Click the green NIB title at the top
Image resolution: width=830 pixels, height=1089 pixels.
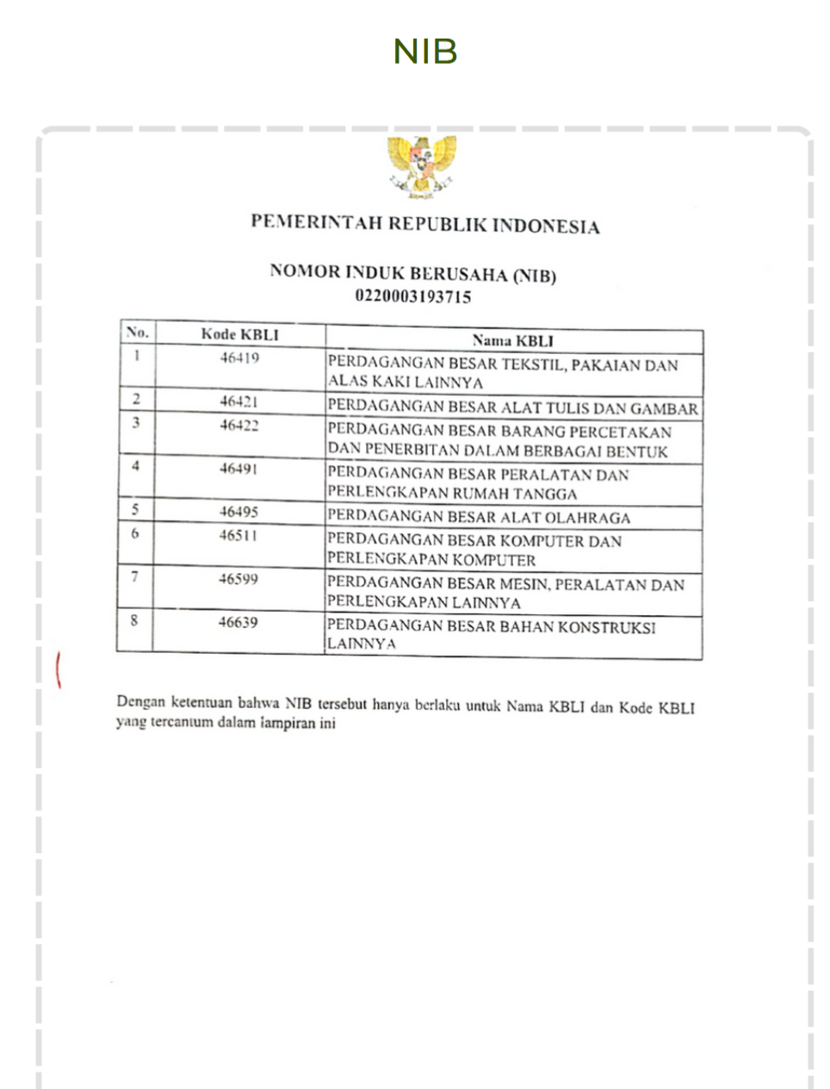tap(424, 53)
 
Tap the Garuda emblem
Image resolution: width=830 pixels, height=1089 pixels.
tap(421, 166)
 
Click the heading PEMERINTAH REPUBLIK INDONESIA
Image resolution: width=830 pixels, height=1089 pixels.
tap(424, 224)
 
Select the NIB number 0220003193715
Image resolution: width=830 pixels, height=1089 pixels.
tap(413, 296)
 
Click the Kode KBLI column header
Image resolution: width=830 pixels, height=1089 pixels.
tap(239, 334)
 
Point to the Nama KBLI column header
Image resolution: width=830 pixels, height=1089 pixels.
tap(512, 340)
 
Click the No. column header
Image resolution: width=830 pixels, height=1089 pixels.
tap(137, 332)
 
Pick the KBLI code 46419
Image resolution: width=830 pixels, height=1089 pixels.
tap(239, 358)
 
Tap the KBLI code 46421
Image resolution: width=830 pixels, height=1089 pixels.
tap(238, 401)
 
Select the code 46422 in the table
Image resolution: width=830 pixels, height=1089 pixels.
tap(238, 425)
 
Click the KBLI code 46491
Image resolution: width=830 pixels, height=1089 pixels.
tap(238, 468)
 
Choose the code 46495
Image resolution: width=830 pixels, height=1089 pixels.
tap(238, 511)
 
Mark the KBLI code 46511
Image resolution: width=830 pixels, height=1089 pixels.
tap(238, 535)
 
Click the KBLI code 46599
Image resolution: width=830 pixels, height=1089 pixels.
tap(238, 578)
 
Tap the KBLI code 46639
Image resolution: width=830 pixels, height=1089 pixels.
tap(238, 621)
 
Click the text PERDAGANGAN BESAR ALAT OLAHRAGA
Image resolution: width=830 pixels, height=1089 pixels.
tap(479, 517)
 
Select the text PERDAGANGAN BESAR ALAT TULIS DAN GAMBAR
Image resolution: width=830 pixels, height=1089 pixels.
tap(512, 408)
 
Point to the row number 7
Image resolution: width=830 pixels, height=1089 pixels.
tap(134, 576)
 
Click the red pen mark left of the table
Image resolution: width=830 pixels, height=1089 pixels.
tap(59, 669)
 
